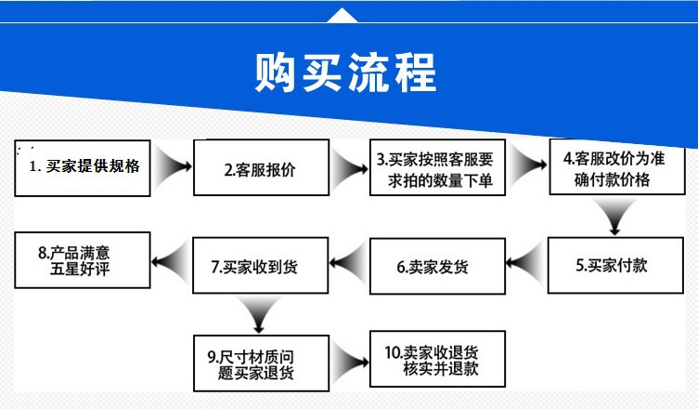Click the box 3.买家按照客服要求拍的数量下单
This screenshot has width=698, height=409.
440,169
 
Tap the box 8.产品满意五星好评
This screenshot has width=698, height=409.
81,261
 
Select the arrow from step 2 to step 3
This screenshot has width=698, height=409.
350,169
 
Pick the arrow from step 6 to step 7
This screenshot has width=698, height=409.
347,265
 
